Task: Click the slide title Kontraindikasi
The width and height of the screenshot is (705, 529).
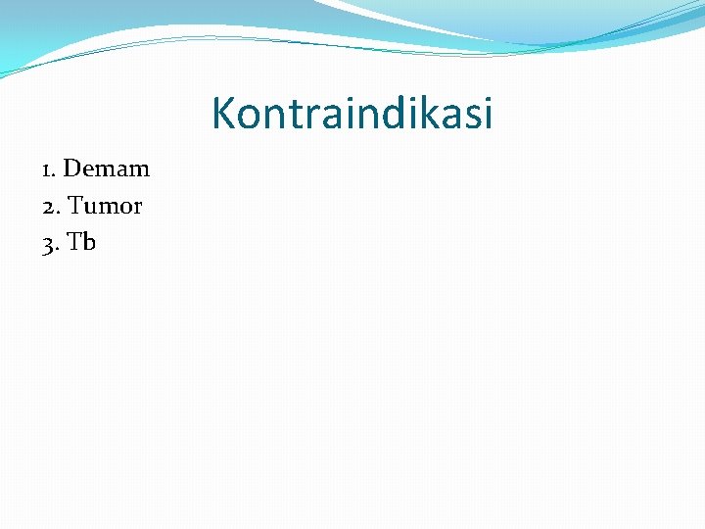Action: (x=352, y=114)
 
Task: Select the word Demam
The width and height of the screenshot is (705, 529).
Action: (x=106, y=168)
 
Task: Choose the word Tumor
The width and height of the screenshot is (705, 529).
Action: (x=105, y=206)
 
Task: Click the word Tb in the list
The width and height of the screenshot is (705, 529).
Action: (x=82, y=242)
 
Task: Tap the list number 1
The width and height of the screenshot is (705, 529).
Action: (x=47, y=169)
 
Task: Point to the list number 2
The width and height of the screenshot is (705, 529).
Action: (x=48, y=207)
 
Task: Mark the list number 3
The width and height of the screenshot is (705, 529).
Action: (x=48, y=244)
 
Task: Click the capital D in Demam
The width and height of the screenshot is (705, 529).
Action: (x=71, y=168)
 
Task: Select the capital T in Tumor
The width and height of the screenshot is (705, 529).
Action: (x=75, y=206)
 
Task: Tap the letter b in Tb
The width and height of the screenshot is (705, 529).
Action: (x=89, y=242)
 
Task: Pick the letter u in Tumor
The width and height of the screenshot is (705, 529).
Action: (x=91, y=208)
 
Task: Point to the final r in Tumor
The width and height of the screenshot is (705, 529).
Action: (x=137, y=208)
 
